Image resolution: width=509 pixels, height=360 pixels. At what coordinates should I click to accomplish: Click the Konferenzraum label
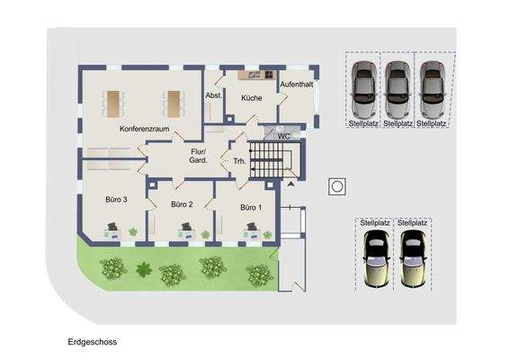[145, 130]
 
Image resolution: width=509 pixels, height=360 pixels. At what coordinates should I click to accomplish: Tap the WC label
[283, 136]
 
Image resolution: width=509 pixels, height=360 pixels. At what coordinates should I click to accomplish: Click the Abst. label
[214, 95]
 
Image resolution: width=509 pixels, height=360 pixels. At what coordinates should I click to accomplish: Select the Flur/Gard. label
[200, 155]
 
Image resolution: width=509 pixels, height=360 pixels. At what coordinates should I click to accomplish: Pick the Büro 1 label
[251, 207]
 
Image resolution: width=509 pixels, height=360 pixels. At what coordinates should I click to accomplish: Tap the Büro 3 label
[116, 199]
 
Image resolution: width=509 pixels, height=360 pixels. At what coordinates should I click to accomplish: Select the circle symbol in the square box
[336, 186]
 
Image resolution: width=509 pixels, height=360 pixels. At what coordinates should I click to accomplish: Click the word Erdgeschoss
[92, 342]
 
